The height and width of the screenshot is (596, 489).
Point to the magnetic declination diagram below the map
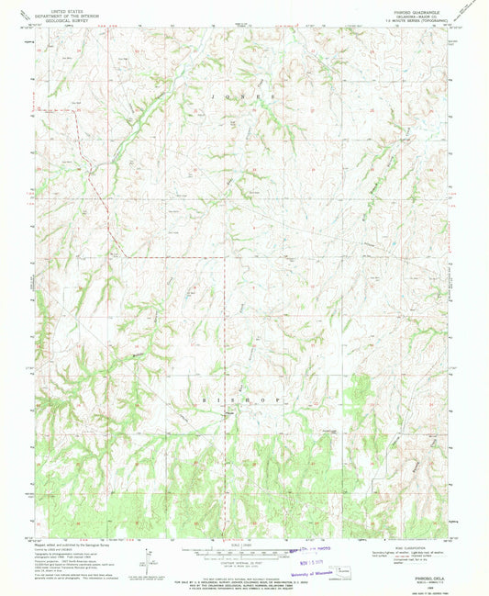pos(147,557)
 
